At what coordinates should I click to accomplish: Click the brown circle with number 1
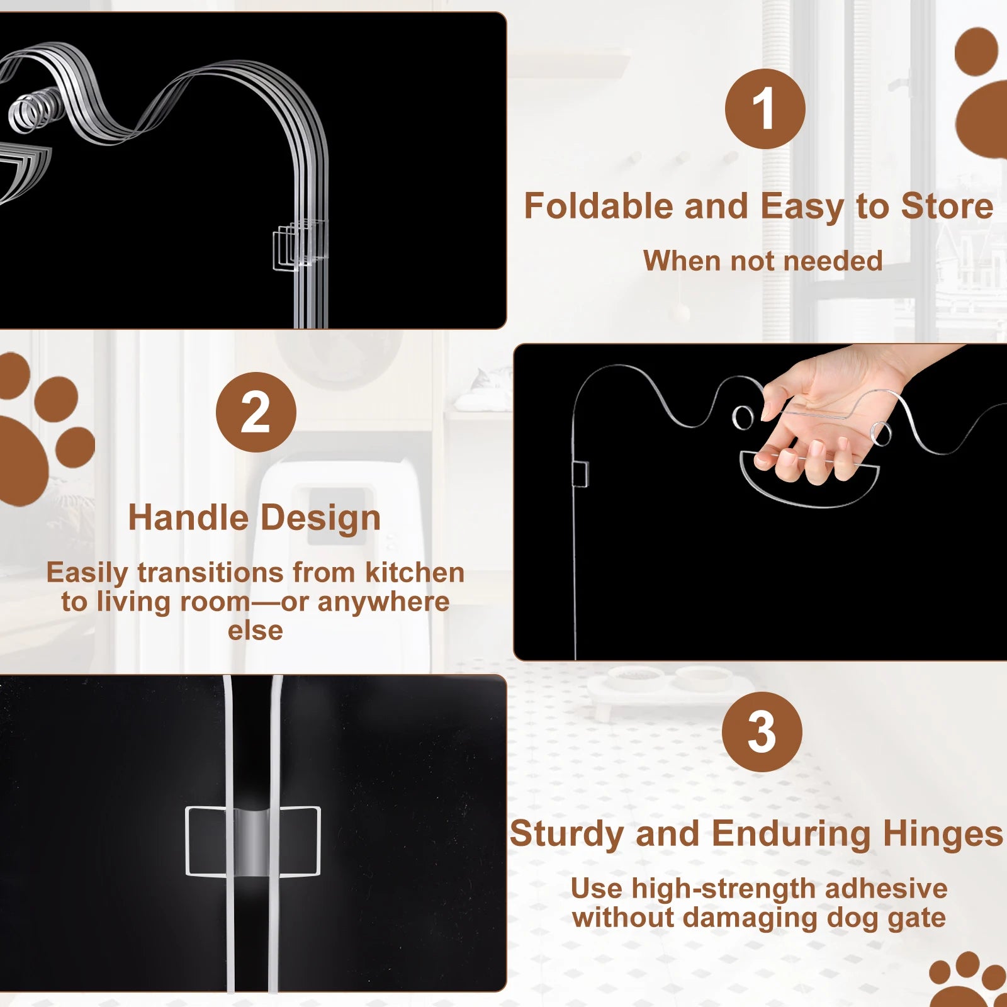[x=765, y=109]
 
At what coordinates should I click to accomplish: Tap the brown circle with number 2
[x=256, y=412]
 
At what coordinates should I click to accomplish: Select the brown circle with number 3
[x=762, y=732]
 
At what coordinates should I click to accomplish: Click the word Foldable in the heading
[x=599, y=206]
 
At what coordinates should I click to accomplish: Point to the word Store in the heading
[x=947, y=206]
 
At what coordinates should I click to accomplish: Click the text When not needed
[x=763, y=261]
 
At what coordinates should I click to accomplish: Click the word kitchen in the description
[x=415, y=573]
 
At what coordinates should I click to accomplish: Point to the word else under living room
[x=256, y=631]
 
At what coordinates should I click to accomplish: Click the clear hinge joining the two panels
[x=253, y=841]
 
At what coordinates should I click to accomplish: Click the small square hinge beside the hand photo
[x=580, y=474]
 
